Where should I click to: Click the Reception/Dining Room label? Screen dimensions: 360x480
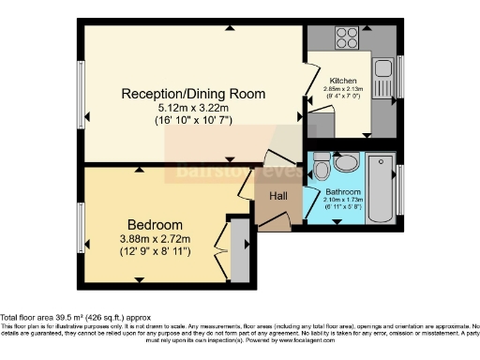click(193, 94)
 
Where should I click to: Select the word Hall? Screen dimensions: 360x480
click(278, 196)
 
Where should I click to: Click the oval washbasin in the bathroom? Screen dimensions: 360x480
click(346, 163)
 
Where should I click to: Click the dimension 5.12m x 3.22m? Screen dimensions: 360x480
click(193, 109)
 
